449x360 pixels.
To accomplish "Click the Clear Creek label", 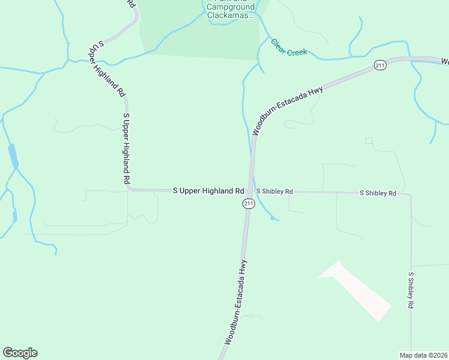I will point(289,47).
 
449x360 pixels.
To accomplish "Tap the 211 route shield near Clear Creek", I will point(379,65).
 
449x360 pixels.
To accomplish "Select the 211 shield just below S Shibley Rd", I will point(249,204).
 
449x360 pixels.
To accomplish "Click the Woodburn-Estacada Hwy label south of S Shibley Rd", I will point(236,302).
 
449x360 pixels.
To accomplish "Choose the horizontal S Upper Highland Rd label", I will point(208,191).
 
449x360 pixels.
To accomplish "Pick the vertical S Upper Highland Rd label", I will point(126,148).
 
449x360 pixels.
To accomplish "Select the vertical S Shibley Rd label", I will point(411,290).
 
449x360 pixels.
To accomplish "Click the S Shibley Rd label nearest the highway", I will point(274,191).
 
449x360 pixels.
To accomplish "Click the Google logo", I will point(20,353).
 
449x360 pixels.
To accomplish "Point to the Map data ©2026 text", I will point(424,355).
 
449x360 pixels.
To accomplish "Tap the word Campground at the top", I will point(234,7).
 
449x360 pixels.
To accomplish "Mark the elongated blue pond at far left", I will point(13,157).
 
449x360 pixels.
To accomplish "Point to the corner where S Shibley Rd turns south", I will point(410,194).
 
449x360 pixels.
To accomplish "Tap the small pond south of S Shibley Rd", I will point(274,218).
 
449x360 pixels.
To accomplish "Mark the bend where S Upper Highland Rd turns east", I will point(129,188).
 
